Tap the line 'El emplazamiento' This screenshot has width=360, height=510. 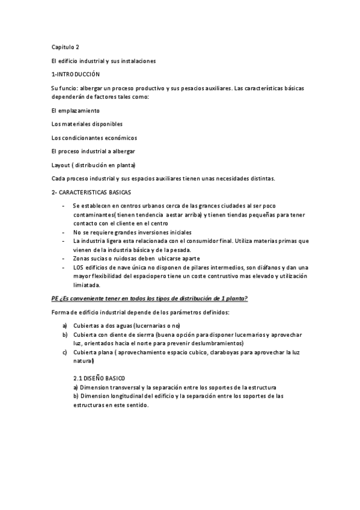tap(76, 111)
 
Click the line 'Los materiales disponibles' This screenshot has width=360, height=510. tap(87, 124)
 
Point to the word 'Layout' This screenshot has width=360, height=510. tap(61, 164)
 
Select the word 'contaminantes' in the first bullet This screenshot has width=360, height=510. tap(95, 214)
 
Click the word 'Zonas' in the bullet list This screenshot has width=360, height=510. tap(81, 258)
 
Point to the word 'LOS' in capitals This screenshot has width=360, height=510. tap(79, 267)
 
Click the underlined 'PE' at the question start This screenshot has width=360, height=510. tap(55, 298)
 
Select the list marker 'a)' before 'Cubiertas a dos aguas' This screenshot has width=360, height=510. tap(64, 325)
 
